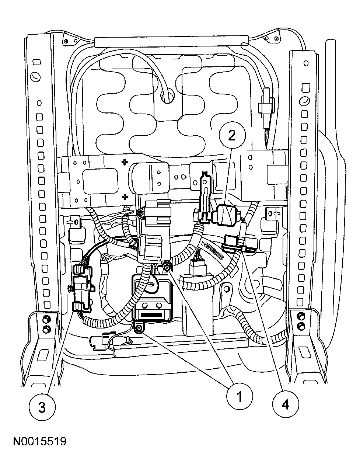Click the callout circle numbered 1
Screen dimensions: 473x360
point(240,397)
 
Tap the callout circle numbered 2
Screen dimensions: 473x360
point(231,136)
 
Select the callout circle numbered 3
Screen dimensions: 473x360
point(42,407)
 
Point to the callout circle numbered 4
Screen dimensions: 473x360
point(286,404)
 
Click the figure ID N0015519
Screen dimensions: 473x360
point(40,441)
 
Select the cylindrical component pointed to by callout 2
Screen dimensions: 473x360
point(225,213)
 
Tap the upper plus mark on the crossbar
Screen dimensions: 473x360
point(125,161)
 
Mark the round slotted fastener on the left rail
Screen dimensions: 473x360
point(35,76)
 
